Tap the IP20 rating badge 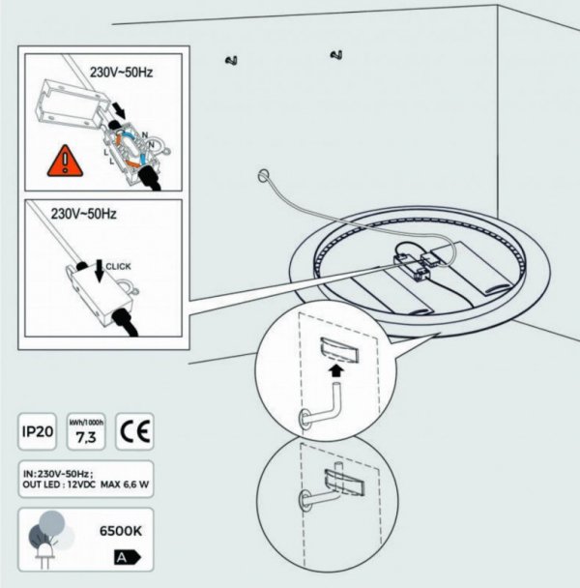pos(36,430)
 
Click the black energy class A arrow pos(128,558)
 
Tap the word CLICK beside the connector pos(118,264)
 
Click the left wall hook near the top pos(231,63)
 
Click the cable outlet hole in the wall pos(262,176)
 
